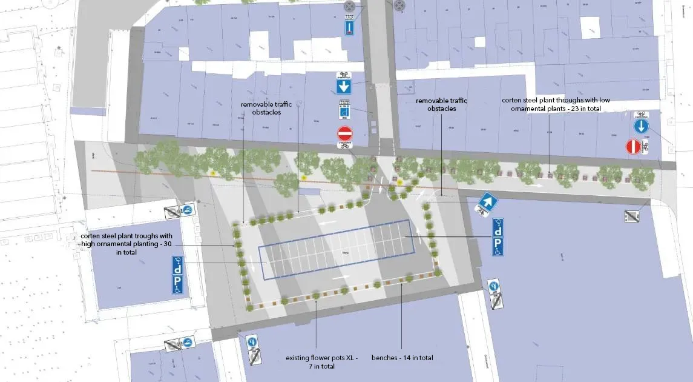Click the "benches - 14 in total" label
pos(402,358)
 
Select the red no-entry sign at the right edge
pos(632,147)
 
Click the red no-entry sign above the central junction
pos(344,133)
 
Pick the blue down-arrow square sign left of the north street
pos(344,85)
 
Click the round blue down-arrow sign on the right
pos(641,126)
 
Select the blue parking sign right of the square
pos(498,246)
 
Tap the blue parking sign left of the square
pos(179,281)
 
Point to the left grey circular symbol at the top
pos(349,7)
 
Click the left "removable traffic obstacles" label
pos(266,108)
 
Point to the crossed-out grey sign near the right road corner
pos(631,216)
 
